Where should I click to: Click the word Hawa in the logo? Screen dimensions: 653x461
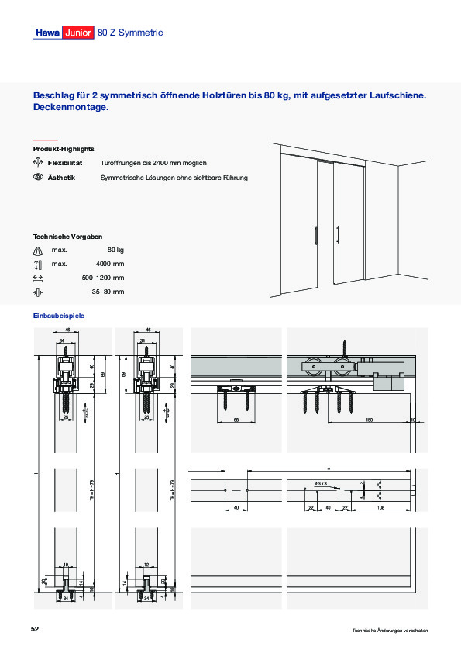click(47, 33)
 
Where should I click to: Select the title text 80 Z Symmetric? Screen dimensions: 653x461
click(130, 33)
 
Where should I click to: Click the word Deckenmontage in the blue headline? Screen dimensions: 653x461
click(71, 108)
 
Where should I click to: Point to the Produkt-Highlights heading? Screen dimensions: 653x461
click(64, 148)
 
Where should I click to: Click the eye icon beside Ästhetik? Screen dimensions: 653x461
click(37, 178)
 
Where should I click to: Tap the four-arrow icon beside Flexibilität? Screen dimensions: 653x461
click(37, 163)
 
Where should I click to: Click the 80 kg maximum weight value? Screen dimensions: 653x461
click(115, 250)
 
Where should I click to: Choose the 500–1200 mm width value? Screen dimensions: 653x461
click(103, 278)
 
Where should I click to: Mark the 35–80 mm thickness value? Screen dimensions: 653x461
click(108, 292)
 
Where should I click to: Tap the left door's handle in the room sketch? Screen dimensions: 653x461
click(315, 235)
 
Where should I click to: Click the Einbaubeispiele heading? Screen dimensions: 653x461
click(58, 316)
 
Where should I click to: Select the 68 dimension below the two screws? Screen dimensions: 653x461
click(235, 420)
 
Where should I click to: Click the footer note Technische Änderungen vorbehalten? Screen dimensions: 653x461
click(389, 631)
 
